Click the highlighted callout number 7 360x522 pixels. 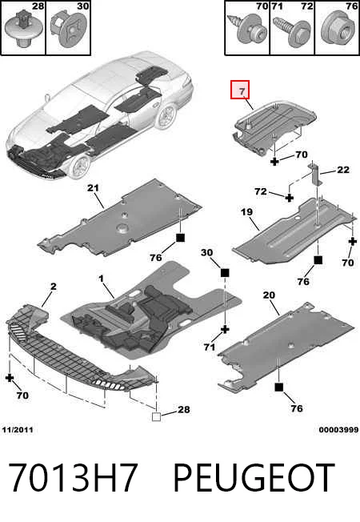pyautogui.click(x=242, y=91)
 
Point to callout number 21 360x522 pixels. pyautogui.click(x=93, y=188)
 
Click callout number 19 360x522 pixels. pyautogui.click(x=247, y=212)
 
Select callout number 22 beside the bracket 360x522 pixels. pyautogui.click(x=343, y=170)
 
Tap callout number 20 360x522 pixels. pyautogui.click(x=269, y=295)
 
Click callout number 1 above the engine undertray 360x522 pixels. pyautogui.click(x=101, y=279)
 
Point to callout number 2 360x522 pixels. pyautogui.click(x=54, y=287)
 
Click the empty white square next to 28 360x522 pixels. pyautogui.click(x=156, y=416)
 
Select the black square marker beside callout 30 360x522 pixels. pyautogui.click(x=225, y=273)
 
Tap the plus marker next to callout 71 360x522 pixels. pyautogui.click(x=226, y=330)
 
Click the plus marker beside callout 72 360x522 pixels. pyautogui.click(x=290, y=198)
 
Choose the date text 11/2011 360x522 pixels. pyautogui.click(x=18, y=430)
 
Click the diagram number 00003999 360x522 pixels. pyautogui.click(x=338, y=430)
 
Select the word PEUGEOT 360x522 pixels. pyautogui.click(x=254, y=477)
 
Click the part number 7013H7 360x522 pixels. pyautogui.click(x=72, y=477)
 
